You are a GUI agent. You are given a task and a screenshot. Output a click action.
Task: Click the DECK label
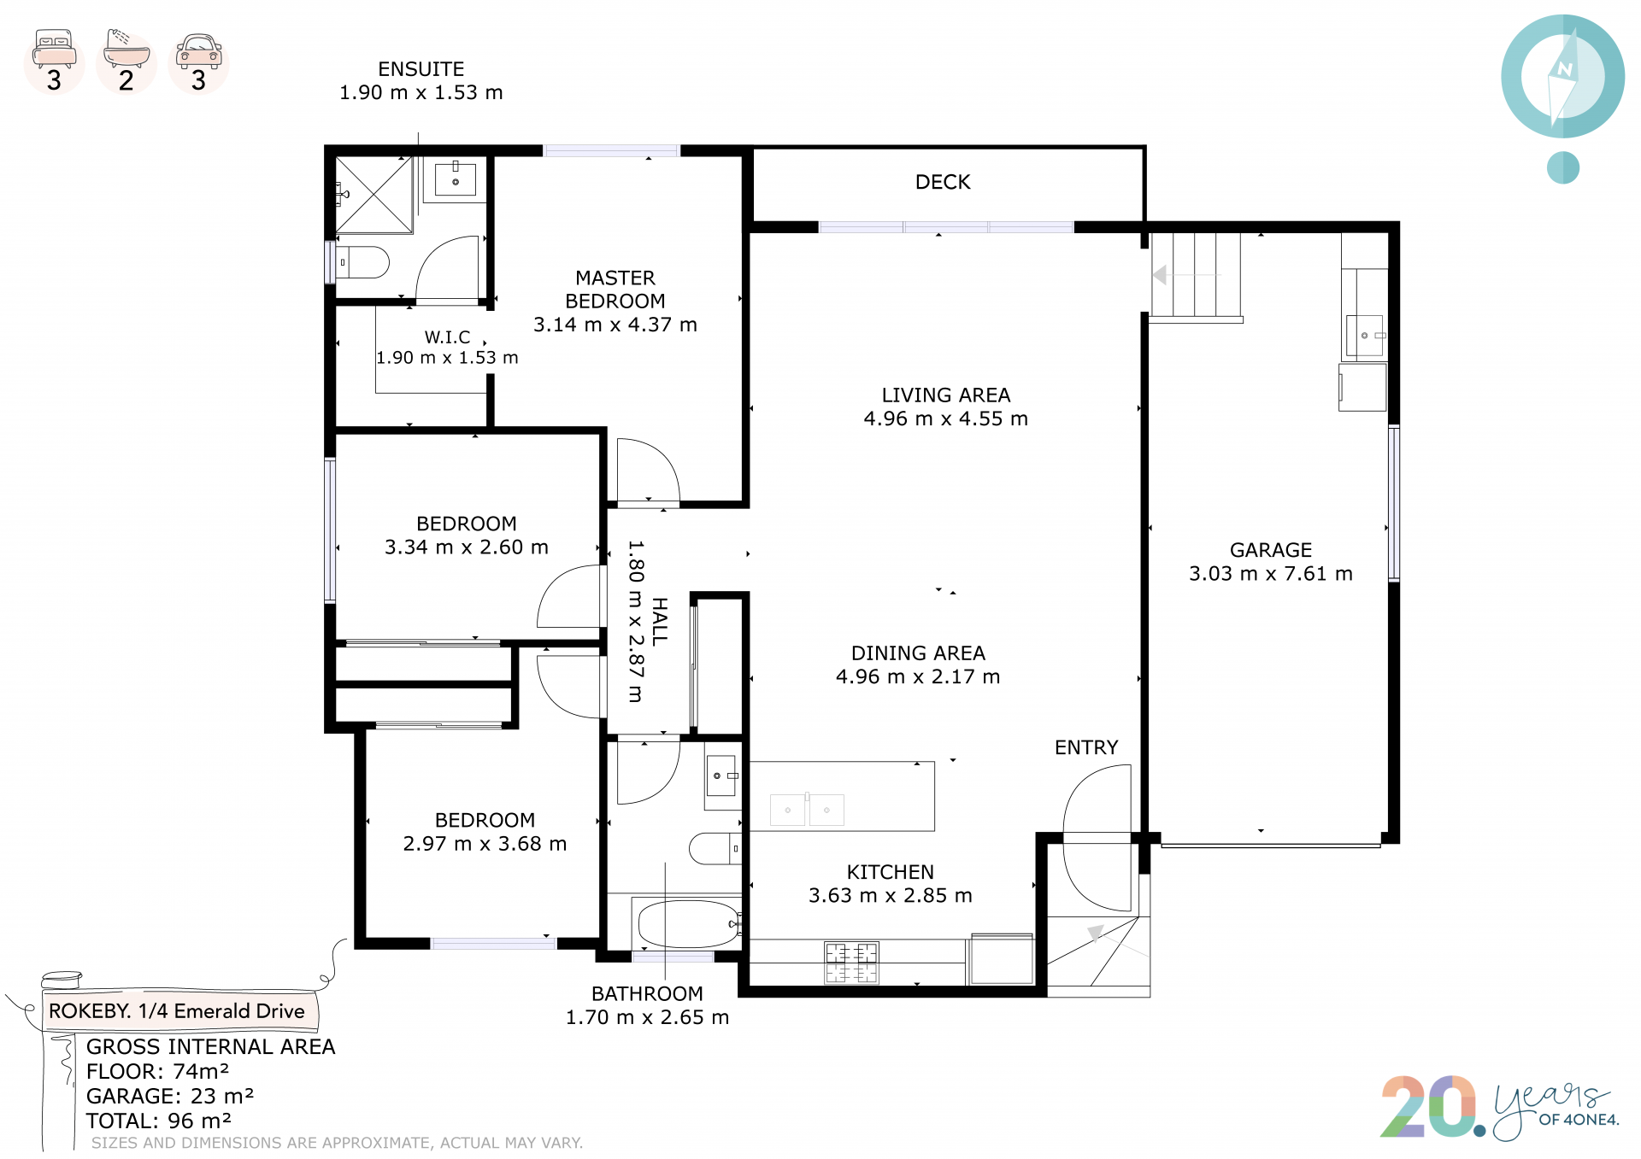point(943,182)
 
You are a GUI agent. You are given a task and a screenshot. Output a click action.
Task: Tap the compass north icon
point(1562,77)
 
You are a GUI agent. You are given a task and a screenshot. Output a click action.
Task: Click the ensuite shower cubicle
point(374,195)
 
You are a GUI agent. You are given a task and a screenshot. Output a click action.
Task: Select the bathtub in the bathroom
point(689,923)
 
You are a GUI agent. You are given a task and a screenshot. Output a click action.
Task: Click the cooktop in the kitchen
point(851,963)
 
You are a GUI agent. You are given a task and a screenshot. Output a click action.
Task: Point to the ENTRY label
point(1086,747)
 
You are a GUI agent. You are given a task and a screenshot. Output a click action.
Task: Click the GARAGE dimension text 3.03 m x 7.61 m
point(1271,574)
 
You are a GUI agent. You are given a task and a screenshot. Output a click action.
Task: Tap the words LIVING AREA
point(946,395)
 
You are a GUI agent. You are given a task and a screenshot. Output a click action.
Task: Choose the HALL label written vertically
point(660,621)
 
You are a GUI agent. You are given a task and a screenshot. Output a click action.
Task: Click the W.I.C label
point(447,337)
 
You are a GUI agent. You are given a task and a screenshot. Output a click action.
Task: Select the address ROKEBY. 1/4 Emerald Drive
point(177,1011)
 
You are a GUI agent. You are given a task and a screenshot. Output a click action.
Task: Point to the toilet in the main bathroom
point(715,848)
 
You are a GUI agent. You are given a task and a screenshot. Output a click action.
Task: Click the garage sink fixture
point(1365,336)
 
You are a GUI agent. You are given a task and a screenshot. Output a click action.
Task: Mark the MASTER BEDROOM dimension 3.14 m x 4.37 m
point(615,325)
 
